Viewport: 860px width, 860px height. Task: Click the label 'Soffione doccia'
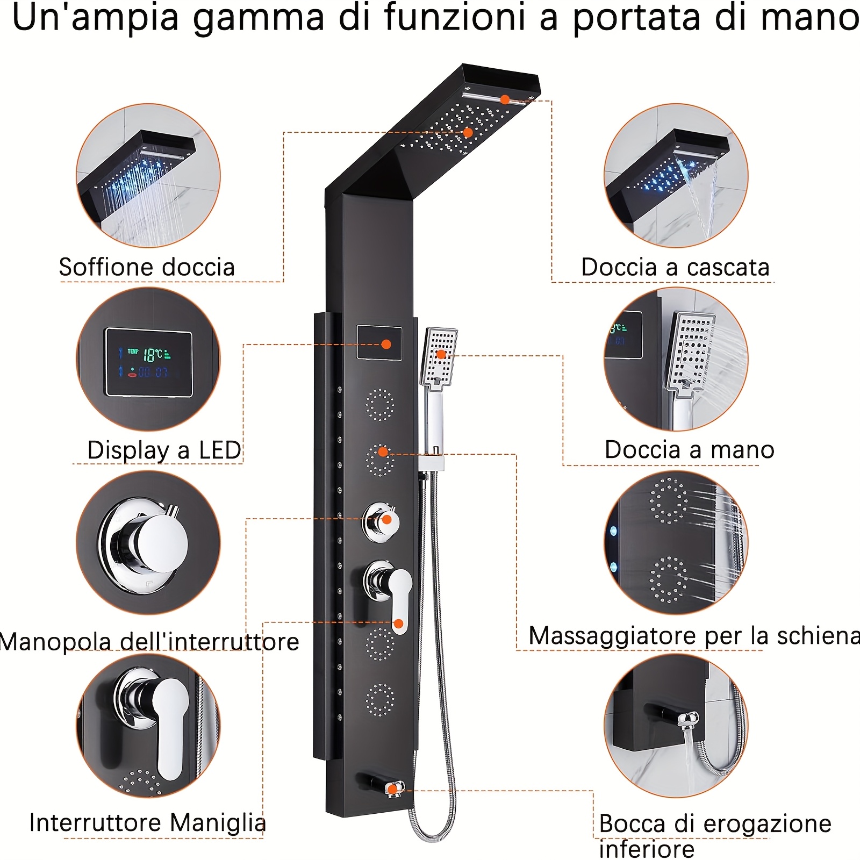[x=147, y=267]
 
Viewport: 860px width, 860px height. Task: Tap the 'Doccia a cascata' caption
[x=675, y=267]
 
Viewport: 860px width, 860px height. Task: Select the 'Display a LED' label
[x=164, y=450]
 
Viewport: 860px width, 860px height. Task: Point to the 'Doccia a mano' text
[x=690, y=449]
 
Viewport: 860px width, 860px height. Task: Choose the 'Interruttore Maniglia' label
[x=148, y=822]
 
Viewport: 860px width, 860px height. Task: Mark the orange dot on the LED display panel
[x=386, y=344]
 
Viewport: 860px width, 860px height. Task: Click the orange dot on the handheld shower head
[x=441, y=354]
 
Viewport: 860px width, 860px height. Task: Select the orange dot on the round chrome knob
[x=386, y=520]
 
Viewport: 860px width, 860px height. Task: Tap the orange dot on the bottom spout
[x=392, y=789]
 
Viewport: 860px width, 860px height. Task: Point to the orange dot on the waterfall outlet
[x=505, y=99]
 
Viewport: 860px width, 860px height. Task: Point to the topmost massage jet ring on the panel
[x=380, y=405]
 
